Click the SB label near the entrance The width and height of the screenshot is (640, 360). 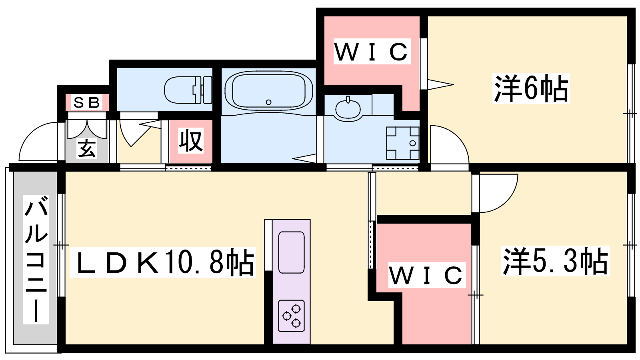(87, 102)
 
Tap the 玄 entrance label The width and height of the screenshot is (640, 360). (87, 148)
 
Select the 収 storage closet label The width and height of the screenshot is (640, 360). (191, 140)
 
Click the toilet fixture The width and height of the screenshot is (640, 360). (188, 90)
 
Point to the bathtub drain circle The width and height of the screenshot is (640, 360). (268, 102)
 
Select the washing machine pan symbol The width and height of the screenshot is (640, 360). (402, 143)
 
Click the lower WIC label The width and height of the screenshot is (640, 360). (426, 275)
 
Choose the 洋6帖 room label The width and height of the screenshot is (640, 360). (531, 88)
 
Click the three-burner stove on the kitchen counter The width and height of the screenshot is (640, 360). (292, 316)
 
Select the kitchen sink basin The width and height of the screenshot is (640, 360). (292, 252)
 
